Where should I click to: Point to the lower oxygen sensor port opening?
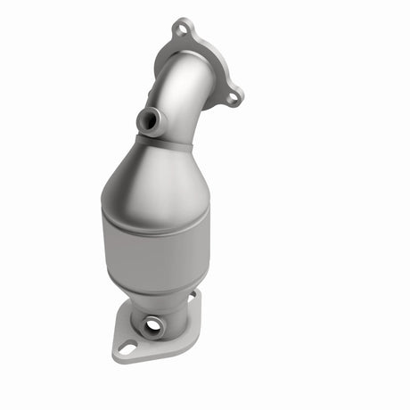click(152, 327)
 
